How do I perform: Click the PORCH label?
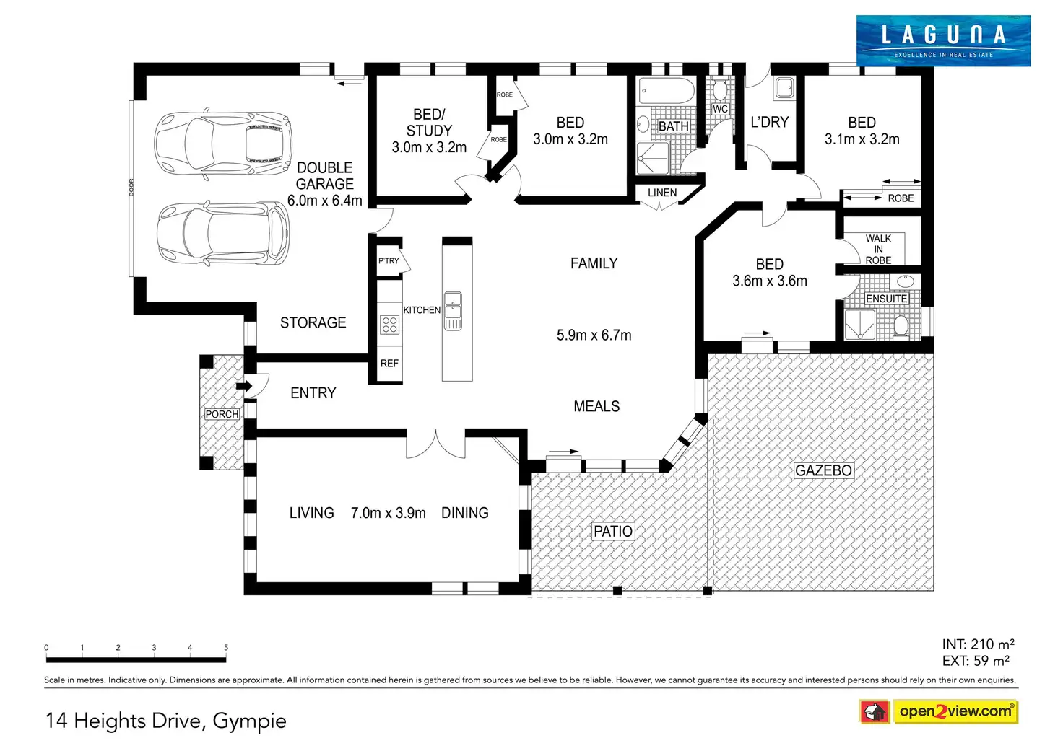pyautogui.click(x=222, y=414)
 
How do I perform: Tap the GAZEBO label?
pyautogui.click(x=823, y=470)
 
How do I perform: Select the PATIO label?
pyautogui.click(x=612, y=532)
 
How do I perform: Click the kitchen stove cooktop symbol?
pyautogui.click(x=390, y=325)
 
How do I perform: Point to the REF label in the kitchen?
pyautogui.click(x=389, y=364)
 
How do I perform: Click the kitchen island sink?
pyautogui.click(x=453, y=310)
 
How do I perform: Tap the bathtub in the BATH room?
pyautogui.click(x=666, y=92)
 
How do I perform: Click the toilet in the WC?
pyautogui.click(x=720, y=90)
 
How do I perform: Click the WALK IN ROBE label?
pyautogui.click(x=878, y=249)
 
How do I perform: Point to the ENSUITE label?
pyautogui.click(x=886, y=299)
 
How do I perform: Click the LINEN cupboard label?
pyautogui.click(x=662, y=193)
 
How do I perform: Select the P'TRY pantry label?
pyautogui.click(x=389, y=261)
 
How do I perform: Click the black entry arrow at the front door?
pyautogui.click(x=245, y=386)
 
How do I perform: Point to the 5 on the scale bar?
pyautogui.click(x=226, y=648)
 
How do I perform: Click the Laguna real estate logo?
pyautogui.click(x=943, y=41)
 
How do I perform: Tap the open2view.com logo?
pyautogui.click(x=955, y=711)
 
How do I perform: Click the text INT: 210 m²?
pyautogui.click(x=978, y=644)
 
